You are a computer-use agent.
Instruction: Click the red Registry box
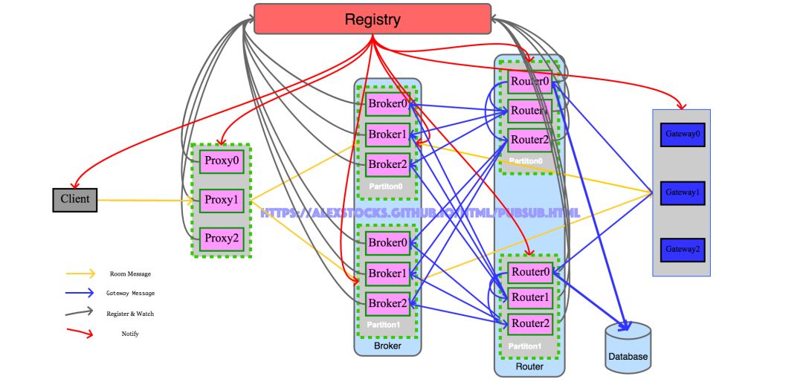pyautogui.click(x=373, y=19)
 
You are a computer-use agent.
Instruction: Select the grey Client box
pyautogui.click(x=75, y=199)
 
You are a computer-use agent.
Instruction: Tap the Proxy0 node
pyautogui.click(x=222, y=161)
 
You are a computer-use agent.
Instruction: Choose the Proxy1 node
pyautogui.click(x=222, y=200)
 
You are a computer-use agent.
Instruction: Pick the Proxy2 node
pyautogui.click(x=222, y=239)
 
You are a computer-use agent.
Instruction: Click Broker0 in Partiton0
pyautogui.click(x=387, y=104)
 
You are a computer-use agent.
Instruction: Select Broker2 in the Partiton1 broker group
pyautogui.click(x=387, y=303)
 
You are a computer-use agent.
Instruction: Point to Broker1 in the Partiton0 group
pyautogui.click(x=387, y=135)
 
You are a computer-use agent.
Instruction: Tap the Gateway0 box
pyautogui.click(x=683, y=135)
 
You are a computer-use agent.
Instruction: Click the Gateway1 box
pyautogui.click(x=683, y=192)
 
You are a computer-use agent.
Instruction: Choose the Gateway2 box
pyautogui.click(x=683, y=249)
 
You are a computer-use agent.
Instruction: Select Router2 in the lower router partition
pyautogui.click(x=529, y=323)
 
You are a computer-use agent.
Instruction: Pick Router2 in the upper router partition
pyautogui.click(x=529, y=140)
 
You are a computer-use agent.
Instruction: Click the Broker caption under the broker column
pyautogui.click(x=387, y=346)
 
